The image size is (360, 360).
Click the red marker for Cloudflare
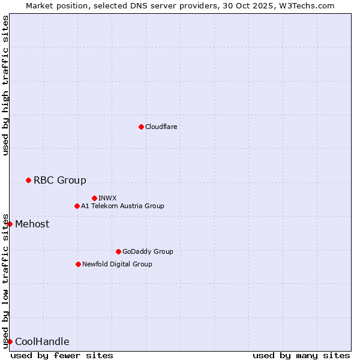141,127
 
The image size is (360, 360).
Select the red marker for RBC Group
28,180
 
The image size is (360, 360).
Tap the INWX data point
94,198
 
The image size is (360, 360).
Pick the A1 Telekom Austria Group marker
77,206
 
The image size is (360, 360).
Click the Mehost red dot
10,224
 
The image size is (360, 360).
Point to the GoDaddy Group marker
118,251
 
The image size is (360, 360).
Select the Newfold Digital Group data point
78,264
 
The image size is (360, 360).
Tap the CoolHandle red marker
10,341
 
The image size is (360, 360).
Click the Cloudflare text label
161,127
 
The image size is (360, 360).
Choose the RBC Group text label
60,180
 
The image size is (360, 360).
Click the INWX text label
107,198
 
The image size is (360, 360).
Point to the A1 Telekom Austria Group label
122,206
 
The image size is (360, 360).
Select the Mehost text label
32,224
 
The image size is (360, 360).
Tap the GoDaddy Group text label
148,251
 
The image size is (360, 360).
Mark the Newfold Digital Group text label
117,264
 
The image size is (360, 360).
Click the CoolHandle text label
42,342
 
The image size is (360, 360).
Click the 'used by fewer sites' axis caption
62,355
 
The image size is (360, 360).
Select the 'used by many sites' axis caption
301,355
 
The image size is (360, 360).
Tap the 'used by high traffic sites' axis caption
6,86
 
